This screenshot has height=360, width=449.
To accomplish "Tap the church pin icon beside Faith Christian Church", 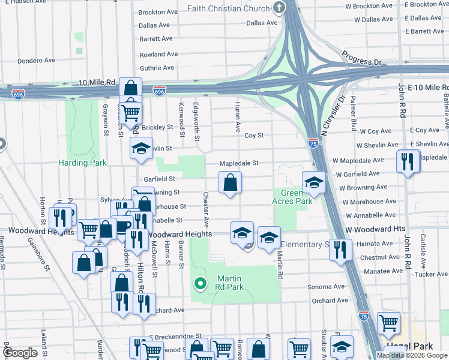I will coord(279,8).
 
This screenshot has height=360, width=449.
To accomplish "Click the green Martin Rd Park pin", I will coord(200,282).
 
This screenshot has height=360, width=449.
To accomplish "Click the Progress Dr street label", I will coord(362,58).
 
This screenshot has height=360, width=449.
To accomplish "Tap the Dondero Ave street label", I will coord(36,61).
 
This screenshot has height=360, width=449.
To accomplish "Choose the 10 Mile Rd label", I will coord(95,82).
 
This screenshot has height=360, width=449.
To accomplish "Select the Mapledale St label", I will coord(238,163).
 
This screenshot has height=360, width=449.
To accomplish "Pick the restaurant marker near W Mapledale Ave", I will coord(406,161).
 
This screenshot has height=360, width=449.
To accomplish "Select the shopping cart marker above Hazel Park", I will coord(388,323).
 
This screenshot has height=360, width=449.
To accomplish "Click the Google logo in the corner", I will coord(20,352).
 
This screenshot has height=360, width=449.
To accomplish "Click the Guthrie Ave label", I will coord(157,68).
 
